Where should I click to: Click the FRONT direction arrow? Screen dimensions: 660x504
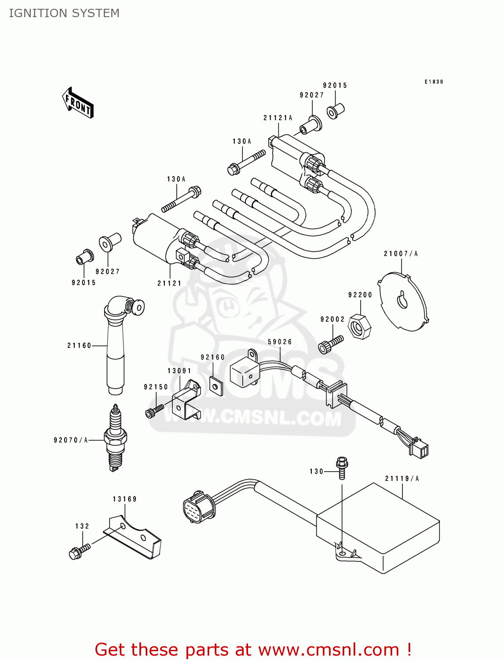(77, 103)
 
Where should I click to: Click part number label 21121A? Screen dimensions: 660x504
(278, 118)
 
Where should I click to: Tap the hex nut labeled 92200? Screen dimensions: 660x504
(359, 327)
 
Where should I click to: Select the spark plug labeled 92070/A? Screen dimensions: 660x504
(115, 438)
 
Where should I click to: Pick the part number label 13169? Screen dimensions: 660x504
(124, 499)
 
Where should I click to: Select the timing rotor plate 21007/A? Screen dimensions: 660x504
(403, 302)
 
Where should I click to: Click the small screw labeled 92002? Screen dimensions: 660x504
(330, 344)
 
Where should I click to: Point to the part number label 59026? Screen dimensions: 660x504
(280, 342)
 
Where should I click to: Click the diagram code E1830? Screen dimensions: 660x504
(434, 82)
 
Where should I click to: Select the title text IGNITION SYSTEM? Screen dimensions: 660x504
(64, 13)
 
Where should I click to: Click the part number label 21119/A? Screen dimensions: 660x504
(402, 479)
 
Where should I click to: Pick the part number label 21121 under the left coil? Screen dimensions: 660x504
(169, 283)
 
